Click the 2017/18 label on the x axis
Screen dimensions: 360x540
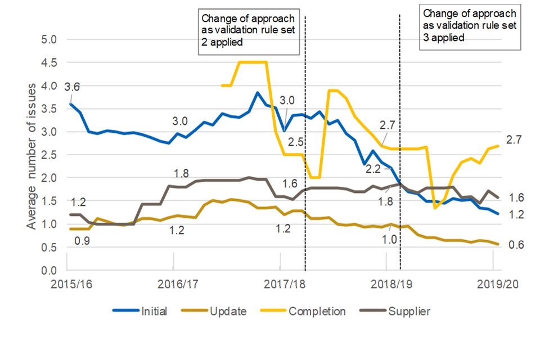[x=282, y=285]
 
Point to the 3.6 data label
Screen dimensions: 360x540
[x=71, y=87]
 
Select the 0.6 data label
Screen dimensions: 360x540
[x=516, y=245]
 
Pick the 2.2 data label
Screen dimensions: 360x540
[x=373, y=168]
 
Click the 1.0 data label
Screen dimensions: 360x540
[x=388, y=239]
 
